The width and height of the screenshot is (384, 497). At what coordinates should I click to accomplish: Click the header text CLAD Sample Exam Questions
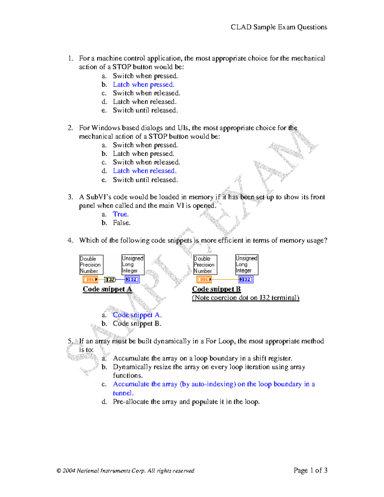tap(279, 27)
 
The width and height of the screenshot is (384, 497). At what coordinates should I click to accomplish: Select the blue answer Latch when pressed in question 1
tap(143, 84)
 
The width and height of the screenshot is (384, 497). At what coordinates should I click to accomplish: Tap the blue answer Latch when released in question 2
tap(145, 171)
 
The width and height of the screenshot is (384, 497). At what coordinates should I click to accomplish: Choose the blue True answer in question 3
tap(121, 214)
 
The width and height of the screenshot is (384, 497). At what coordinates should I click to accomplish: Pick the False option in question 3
tap(122, 223)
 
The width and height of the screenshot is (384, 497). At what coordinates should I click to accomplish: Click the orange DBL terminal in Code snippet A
tap(90, 279)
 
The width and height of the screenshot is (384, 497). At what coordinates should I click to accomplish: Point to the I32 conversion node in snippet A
tap(110, 280)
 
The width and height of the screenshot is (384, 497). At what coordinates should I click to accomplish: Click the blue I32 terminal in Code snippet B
tap(246, 279)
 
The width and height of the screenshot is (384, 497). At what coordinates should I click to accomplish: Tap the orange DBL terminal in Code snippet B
tap(204, 279)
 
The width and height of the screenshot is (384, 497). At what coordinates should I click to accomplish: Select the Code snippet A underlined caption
tap(107, 289)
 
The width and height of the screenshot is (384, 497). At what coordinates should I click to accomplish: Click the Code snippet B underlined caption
tap(216, 289)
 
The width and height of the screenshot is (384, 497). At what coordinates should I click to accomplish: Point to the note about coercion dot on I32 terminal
tap(245, 298)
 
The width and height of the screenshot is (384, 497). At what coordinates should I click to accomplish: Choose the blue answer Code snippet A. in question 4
tap(137, 315)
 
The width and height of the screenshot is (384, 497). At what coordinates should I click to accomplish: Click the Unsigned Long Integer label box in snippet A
tap(133, 264)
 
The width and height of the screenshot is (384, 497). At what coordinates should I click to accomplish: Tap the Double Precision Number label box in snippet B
tap(205, 265)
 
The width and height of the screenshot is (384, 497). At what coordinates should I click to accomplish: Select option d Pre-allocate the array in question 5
tap(186, 402)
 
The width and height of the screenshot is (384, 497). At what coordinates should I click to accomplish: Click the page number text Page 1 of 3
tap(310, 470)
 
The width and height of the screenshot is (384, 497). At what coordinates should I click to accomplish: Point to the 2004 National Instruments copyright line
tap(125, 471)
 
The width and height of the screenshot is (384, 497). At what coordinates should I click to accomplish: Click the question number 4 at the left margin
tap(70, 240)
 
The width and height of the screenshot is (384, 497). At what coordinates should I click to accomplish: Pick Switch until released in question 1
tap(145, 110)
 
